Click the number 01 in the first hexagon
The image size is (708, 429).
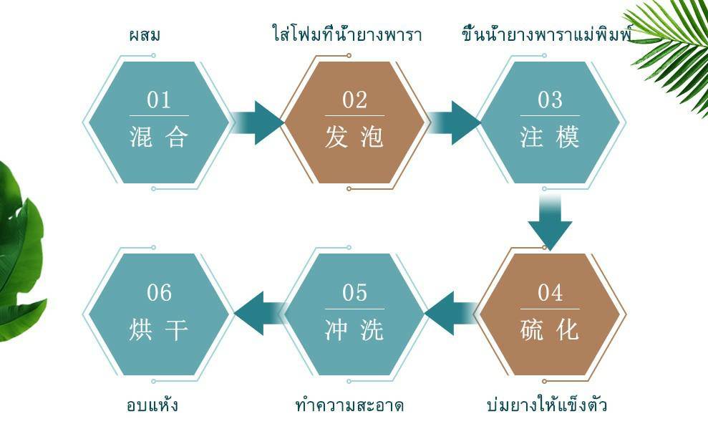coord(159,100)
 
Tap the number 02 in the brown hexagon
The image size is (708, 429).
coord(354,100)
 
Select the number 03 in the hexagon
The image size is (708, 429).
coord(550,100)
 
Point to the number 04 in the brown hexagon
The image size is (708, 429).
coord(550,293)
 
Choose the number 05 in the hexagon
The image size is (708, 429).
coord(354,293)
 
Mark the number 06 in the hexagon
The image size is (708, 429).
coord(159,293)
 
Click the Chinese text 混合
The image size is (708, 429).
coord(159,137)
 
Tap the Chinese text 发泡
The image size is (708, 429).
coord(354,137)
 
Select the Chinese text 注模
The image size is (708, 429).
coord(550,137)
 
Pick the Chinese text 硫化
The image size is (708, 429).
coord(550,330)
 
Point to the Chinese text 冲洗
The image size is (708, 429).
coord(354,330)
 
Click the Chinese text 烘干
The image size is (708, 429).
coord(159,330)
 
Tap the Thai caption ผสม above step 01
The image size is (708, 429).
coord(145,34)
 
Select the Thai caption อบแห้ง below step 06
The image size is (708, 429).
coord(152,405)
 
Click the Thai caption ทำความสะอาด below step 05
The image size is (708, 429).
coord(349,405)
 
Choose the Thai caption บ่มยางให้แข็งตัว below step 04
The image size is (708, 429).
coord(547,405)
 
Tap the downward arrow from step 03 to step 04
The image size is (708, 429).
coord(550,223)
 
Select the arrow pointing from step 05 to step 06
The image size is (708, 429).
coord(258,313)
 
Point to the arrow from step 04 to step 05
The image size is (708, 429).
coord(452,313)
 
